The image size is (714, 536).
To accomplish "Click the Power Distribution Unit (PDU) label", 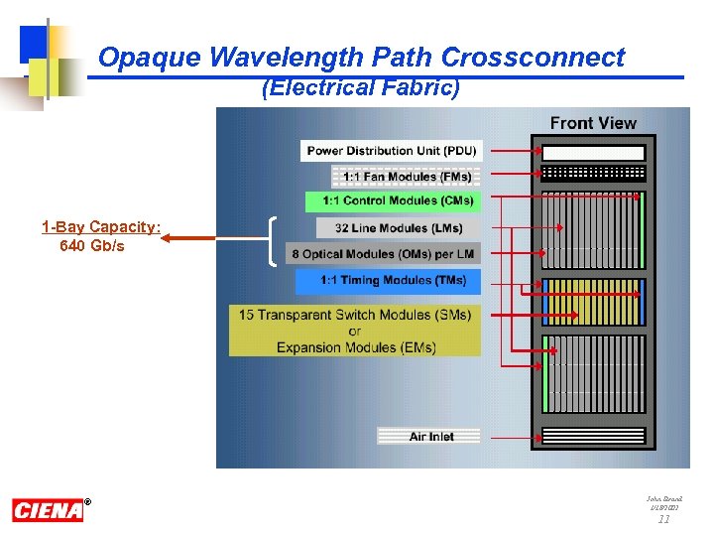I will click(391, 151).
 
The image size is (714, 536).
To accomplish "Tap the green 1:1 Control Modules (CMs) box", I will click(392, 201).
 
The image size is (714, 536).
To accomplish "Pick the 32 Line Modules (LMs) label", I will click(398, 228).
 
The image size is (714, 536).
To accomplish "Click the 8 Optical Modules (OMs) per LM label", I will click(383, 254).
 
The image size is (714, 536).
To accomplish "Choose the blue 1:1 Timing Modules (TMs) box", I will click(388, 281).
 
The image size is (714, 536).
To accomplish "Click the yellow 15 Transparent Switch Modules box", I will click(354, 331).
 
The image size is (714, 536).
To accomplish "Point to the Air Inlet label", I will click(429, 436).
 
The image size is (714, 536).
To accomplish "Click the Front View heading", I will click(593, 123).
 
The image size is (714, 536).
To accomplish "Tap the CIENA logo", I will click(48, 510).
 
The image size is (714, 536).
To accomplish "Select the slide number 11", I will click(664, 519).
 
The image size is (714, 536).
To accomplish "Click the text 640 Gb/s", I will click(92, 245).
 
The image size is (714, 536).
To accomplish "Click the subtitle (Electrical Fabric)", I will click(361, 88).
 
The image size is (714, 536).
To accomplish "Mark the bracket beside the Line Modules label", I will click(273, 241).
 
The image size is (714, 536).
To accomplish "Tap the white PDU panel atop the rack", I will click(593, 153).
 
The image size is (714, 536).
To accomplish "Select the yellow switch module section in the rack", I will click(593, 302).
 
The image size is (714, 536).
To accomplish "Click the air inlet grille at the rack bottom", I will click(593, 436).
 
